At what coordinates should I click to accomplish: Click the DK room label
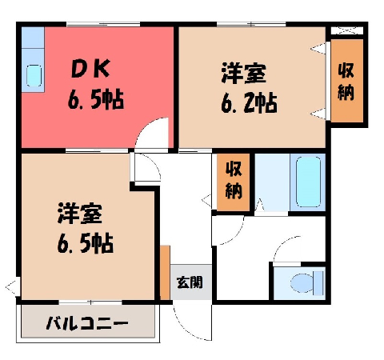(x=90, y=69)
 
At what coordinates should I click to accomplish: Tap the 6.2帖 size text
(x=249, y=103)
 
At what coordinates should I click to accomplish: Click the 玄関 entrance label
(x=190, y=282)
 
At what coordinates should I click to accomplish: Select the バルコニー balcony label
(x=87, y=323)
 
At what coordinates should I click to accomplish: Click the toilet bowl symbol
(x=306, y=282)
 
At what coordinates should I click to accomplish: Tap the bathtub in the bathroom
(x=308, y=182)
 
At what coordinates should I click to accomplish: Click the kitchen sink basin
(x=34, y=75)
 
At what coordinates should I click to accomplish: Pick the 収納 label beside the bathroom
(x=234, y=181)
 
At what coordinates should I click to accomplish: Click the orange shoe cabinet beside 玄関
(x=165, y=273)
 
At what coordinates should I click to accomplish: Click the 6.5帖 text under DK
(x=96, y=100)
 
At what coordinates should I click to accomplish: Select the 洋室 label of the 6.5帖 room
(x=79, y=214)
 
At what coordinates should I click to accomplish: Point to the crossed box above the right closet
(x=347, y=30)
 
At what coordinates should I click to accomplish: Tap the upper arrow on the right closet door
(x=318, y=48)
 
